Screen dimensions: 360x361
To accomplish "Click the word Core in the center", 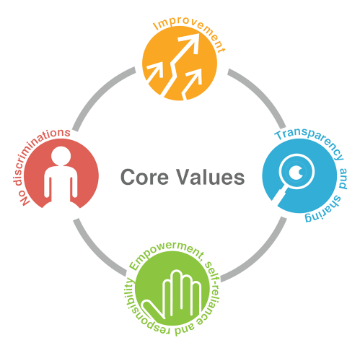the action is click(x=144, y=177).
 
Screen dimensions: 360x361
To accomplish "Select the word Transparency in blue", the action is click(x=310, y=142).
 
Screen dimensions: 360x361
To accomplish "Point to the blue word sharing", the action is click(x=325, y=210).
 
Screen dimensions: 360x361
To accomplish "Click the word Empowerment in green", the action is click(x=166, y=254).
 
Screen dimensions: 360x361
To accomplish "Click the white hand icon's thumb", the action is click(x=153, y=309).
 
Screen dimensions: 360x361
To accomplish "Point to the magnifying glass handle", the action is click(x=279, y=196).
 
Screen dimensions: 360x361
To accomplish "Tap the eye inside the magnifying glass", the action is click(x=297, y=172).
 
